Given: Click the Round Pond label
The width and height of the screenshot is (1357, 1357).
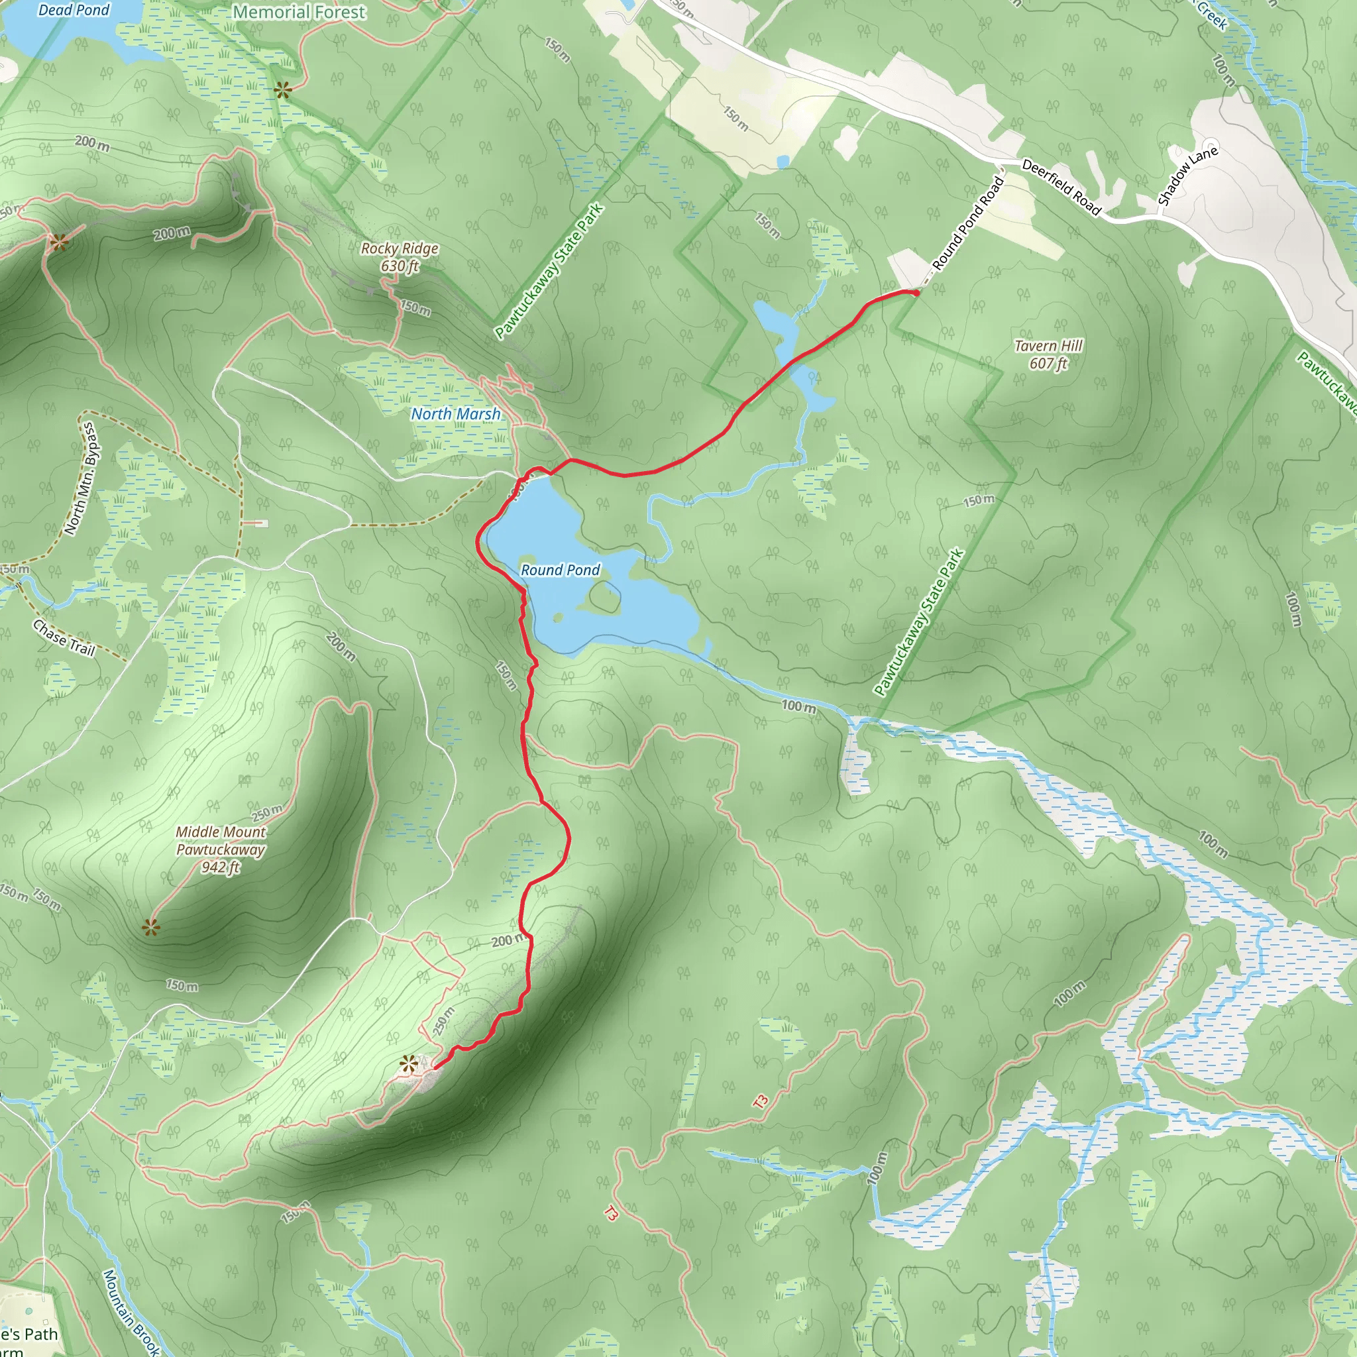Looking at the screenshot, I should (x=560, y=570).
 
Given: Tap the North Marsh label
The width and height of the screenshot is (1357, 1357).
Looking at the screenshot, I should (x=456, y=413).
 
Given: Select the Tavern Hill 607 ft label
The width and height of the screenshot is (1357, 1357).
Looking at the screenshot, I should (x=1048, y=354).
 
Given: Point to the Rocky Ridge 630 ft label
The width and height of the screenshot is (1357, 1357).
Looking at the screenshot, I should (x=400, y=257).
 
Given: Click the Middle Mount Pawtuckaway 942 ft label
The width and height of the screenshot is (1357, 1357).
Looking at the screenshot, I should (x=221, y=849).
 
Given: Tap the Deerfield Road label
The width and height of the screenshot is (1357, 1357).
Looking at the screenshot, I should (x=1061, y=186).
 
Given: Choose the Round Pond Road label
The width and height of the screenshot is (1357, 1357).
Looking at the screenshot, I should (x=969, y=223).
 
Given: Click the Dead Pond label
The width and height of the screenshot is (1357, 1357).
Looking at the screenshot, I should (x=74, y=10).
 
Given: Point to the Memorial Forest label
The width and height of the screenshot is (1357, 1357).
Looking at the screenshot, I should (x=299, y=12).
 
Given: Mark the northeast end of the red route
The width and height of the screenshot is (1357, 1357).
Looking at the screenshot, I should (x=916, y=292).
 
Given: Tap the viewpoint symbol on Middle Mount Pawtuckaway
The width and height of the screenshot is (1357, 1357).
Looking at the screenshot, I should (x=150, y=928).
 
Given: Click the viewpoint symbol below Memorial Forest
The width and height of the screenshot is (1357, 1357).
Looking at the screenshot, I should (x=282, y=90).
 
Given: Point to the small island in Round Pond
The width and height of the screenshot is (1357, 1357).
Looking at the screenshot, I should (x=604, y=596).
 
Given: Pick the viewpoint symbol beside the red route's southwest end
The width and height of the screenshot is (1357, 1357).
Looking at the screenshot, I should (x=408, y=1065).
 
